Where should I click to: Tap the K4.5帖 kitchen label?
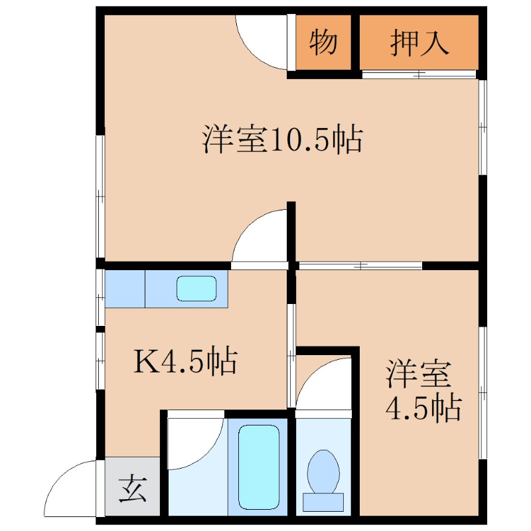(187, 362)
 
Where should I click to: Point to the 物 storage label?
(323, 43)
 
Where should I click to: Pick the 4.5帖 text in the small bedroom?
(423, 408)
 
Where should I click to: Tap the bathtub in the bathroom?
(258, 465)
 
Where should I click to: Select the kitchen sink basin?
(196, 288)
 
